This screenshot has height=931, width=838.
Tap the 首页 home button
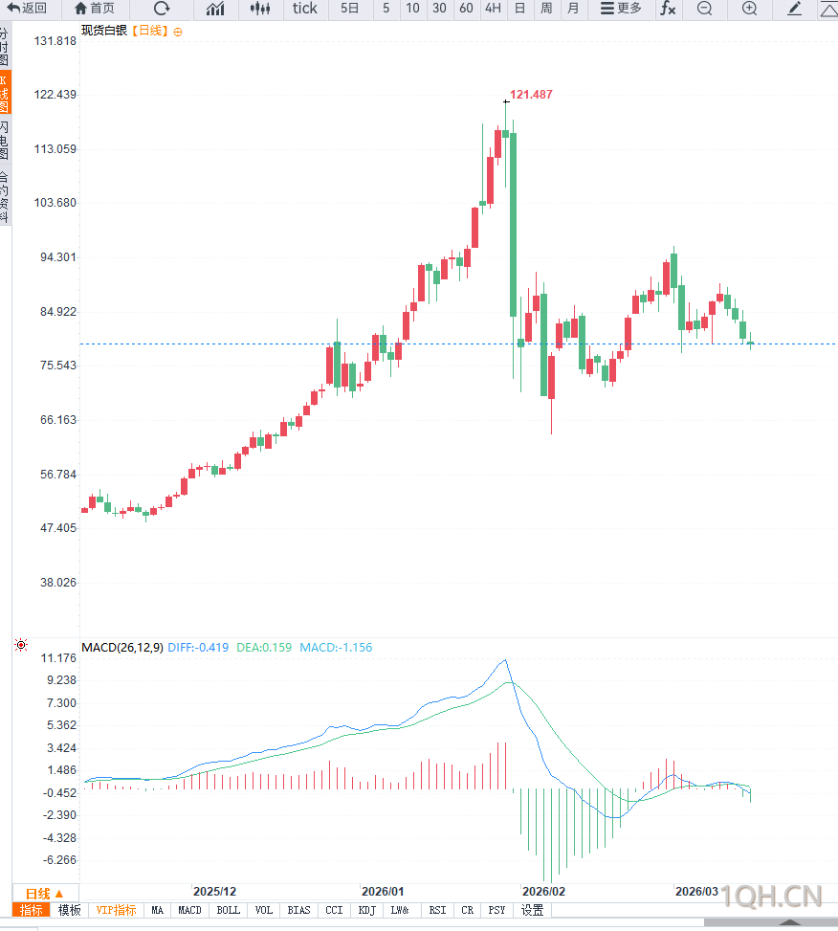[94, 9]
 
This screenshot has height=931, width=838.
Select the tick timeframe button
[304, 9]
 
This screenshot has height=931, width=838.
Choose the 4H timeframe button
[493, 9]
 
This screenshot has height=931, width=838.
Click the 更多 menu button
[621, 9]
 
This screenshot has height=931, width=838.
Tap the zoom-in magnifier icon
[749, 9]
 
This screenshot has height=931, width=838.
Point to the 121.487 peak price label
[531, 95]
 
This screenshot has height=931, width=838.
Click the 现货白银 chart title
[104, 31]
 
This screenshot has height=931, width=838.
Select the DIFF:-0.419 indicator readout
[198, 648]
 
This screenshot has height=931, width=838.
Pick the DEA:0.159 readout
[265, 648]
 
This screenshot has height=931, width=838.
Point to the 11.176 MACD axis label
[59, 658]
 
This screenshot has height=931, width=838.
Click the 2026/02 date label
[542, 891]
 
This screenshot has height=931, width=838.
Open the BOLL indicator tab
[228, 910]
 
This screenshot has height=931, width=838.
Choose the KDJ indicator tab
[366, 910]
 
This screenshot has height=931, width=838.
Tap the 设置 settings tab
[532, 910]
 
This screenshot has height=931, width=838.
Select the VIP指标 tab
[117, 910]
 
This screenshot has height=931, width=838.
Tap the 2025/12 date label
[214, 891]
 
